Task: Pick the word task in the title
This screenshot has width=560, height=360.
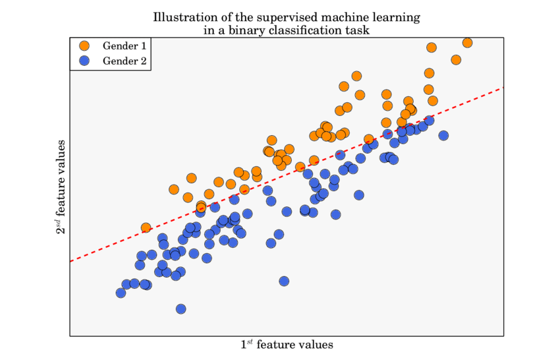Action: point(357,30)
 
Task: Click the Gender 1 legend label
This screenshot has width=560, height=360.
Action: point(125,46)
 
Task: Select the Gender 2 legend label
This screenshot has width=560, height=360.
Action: point(125,62)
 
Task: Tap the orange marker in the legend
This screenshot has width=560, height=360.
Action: point(84,46)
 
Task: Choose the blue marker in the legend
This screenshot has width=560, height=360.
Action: point(84,62)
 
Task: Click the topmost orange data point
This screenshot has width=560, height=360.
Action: point(467,42)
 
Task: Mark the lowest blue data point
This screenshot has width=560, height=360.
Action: point(181,309)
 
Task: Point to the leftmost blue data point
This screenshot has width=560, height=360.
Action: point(121,293)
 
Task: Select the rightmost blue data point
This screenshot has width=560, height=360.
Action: point(443,136)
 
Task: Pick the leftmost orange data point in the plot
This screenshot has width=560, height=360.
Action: point(146,228)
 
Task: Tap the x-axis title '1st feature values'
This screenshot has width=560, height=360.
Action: point(287,344)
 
